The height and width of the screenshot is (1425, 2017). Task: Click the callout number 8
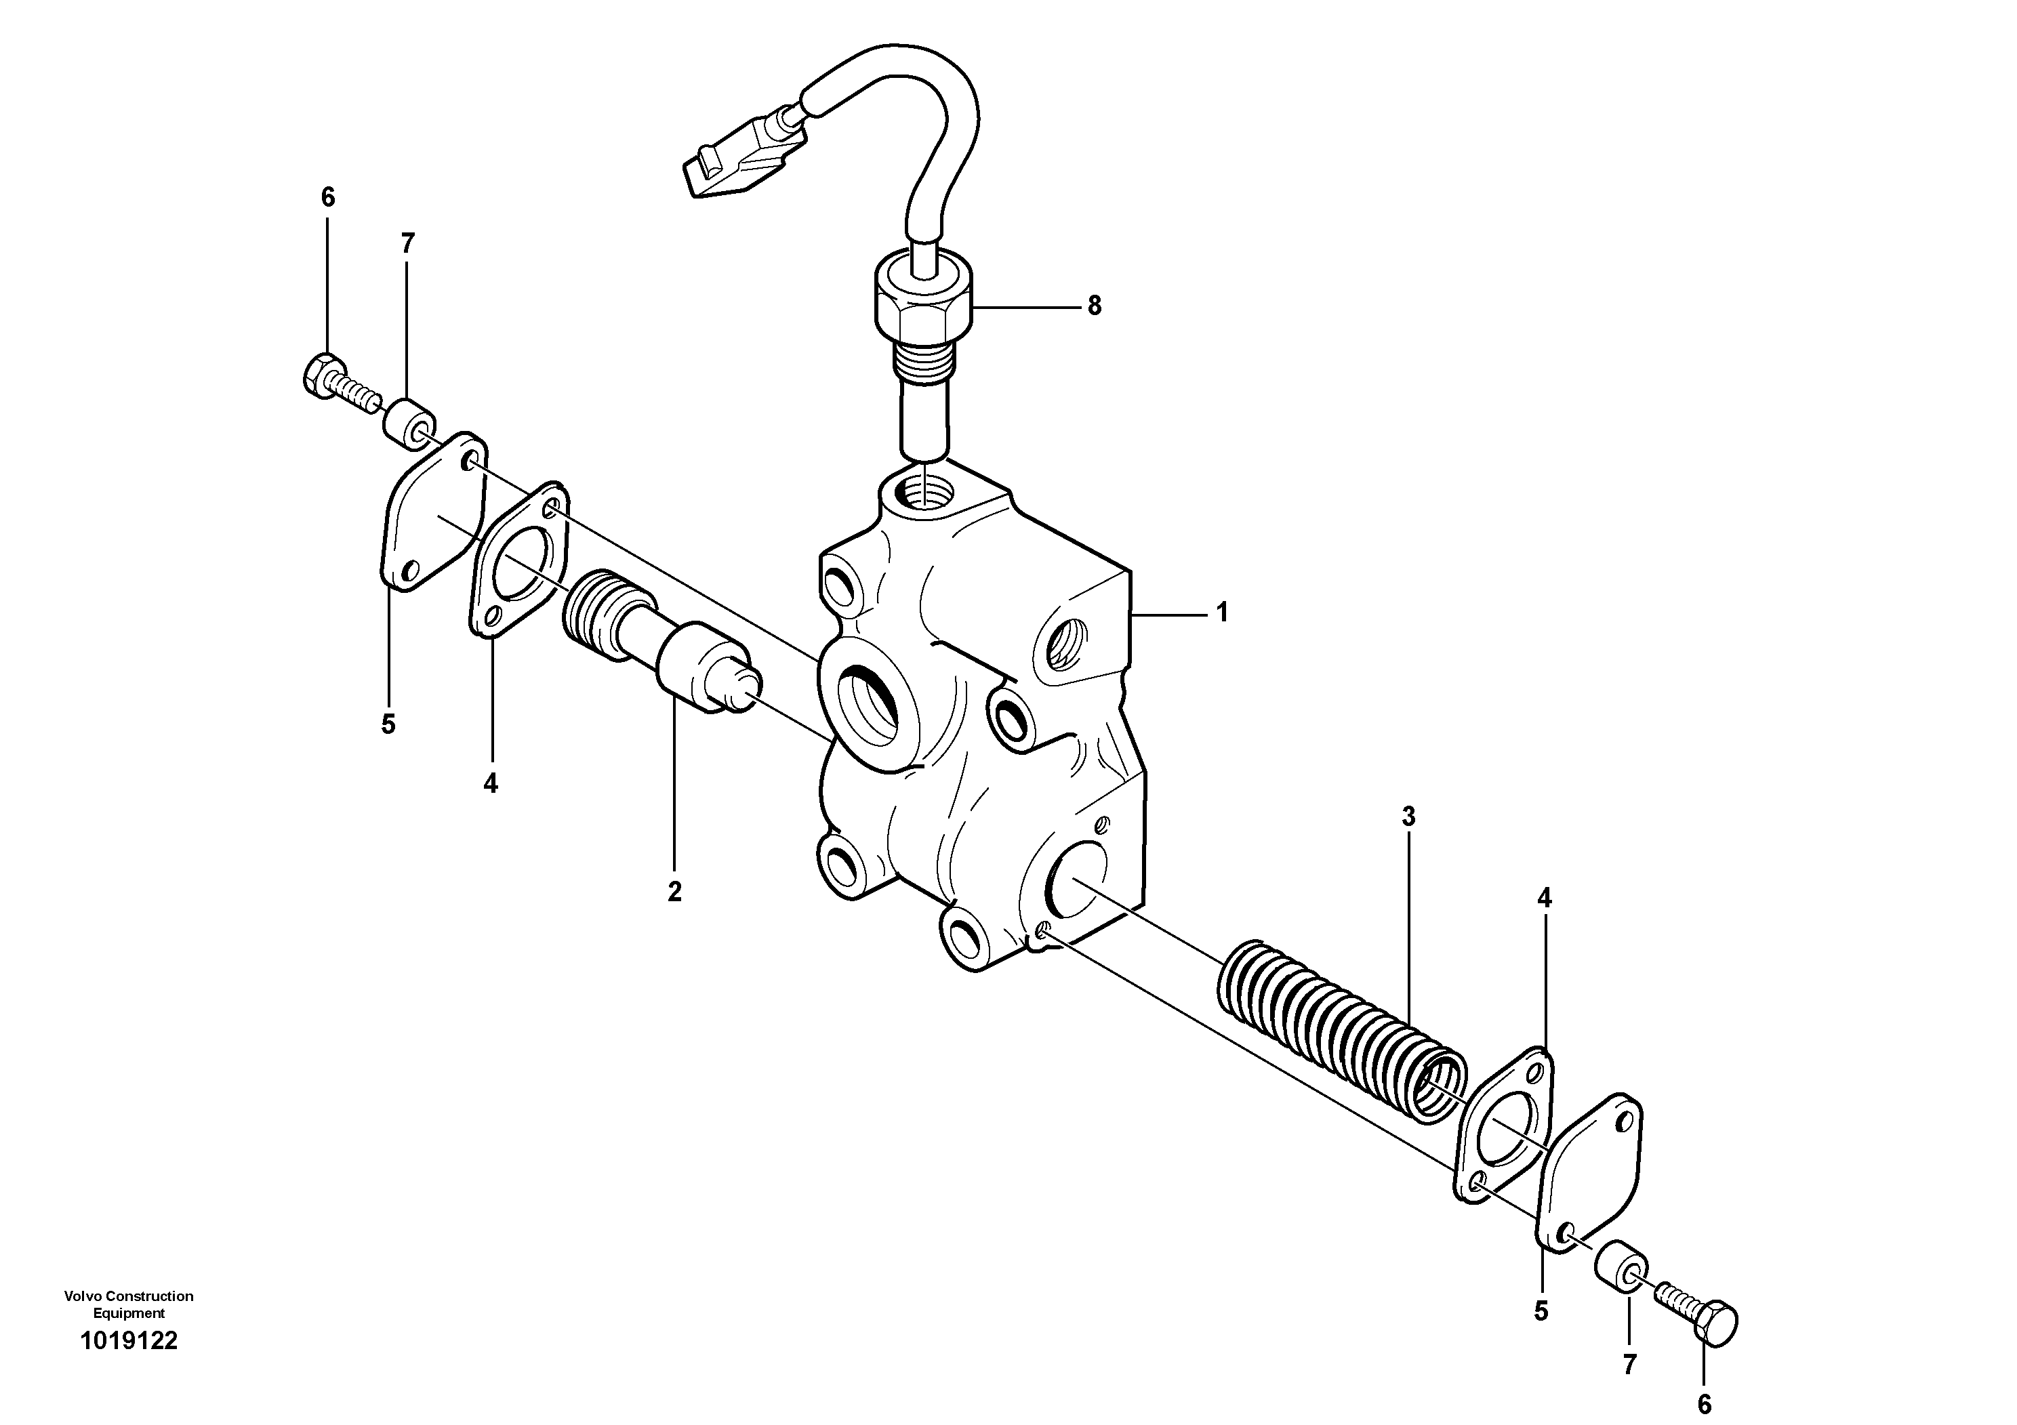click(x=1094, y=306)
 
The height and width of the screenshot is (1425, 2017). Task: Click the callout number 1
click(x=1222, y=613)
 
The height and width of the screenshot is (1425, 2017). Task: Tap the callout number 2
click(x=674, y=892)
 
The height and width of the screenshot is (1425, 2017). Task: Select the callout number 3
click(x=1408, y=817)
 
